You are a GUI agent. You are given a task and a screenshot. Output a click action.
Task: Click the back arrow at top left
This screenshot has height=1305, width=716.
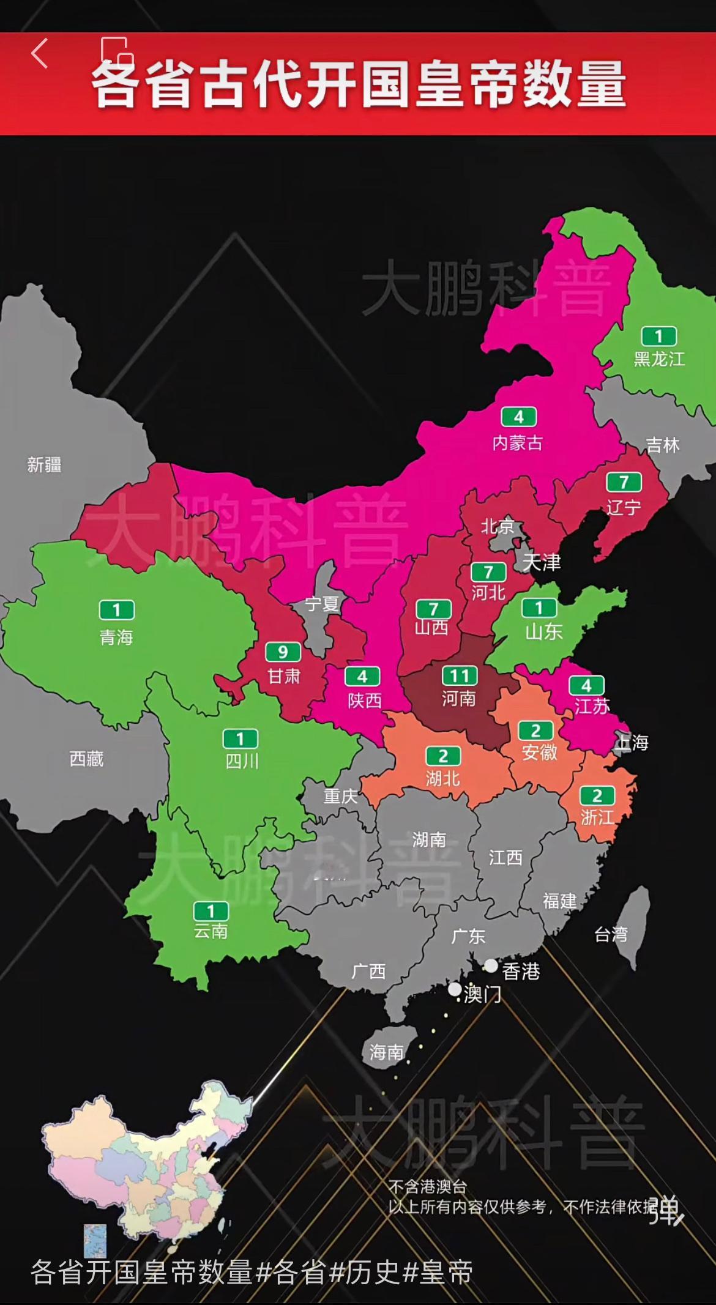(x=39, y=53)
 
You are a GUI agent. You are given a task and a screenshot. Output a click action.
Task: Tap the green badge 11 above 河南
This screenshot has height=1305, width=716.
(x=459, y=675)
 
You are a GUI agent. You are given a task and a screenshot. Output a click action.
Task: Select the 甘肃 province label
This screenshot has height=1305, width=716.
(x=284, y=676)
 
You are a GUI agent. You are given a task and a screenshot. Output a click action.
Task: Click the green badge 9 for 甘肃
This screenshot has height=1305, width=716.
(x=283, y=652)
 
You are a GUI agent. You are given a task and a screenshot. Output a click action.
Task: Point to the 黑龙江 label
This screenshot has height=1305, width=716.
(x=659, y=359)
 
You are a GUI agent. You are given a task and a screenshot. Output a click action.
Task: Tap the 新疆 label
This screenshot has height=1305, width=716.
(x=44, y=465)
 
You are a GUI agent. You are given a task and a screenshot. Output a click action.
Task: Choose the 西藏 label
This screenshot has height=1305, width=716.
(x=86, y=759)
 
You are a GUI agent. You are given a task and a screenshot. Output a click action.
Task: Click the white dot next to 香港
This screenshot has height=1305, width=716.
(x=491, y=965)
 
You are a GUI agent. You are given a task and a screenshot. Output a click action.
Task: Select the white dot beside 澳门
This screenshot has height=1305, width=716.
(x=455, y=989)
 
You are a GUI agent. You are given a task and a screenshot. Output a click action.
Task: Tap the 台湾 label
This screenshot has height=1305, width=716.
(x=611, y=934)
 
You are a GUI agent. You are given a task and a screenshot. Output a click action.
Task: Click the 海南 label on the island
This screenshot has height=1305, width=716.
(x=387, y=1052)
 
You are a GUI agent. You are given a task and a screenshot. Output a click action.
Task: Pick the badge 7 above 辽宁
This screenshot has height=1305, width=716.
(x=624, y=483)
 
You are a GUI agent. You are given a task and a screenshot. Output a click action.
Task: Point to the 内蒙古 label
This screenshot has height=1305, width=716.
(x=518, y=443)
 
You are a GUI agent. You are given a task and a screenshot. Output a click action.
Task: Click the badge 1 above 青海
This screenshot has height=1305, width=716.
(x=116, y=610)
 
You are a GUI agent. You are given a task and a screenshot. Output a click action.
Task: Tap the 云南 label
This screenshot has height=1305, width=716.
(x=211, y=932)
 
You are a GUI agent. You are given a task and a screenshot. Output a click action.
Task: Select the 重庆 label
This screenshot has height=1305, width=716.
(x=340, y=796)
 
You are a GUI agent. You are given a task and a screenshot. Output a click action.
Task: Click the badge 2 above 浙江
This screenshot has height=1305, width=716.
(x=597, y=795)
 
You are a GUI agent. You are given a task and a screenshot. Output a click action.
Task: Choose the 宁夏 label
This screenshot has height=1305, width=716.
(x=322, y=604)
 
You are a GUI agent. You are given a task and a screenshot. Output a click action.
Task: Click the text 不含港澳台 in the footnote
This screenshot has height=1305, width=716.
(x=428, y=1187)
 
